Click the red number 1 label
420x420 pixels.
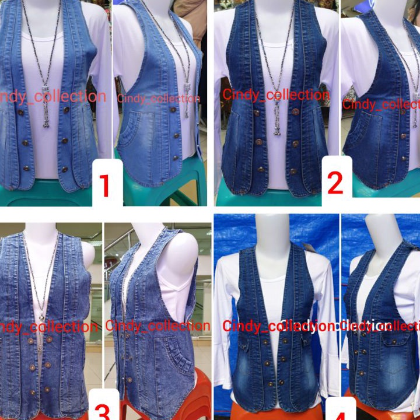106,185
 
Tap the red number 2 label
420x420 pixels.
335,183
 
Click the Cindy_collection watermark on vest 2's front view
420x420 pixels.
275,94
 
